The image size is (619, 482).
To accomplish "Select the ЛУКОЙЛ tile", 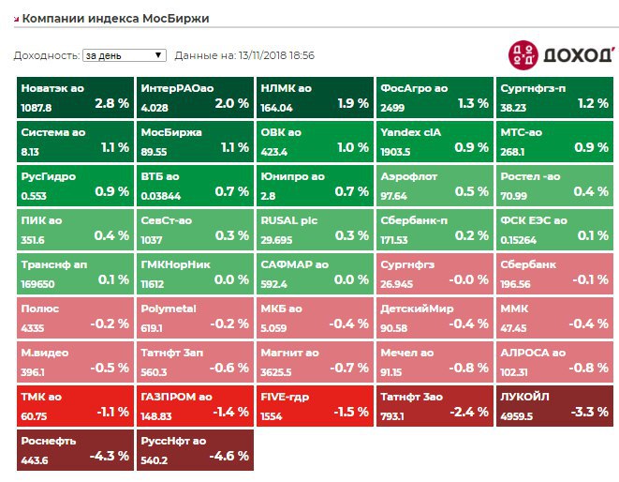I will [x=555, y=406].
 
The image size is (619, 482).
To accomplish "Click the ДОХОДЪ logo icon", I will [x=523, y=54].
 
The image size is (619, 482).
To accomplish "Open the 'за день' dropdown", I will [x=125, y=55].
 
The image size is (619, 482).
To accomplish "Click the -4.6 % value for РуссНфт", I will [x=230, y=458].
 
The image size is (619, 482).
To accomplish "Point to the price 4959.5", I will [x=519, y=415].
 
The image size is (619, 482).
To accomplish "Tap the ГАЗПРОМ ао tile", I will [x=195, y=406].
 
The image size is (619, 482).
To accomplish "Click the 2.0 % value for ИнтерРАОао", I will [x=231, y=103].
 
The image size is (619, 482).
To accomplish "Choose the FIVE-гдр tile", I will [x=315, y=406].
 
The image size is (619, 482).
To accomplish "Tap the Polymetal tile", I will [x=195, y=318].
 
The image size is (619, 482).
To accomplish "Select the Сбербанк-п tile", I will [x=435, y=230].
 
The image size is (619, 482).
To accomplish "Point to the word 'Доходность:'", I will [x=46, y=55].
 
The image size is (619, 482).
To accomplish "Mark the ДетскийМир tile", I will [x=435, y=318].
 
